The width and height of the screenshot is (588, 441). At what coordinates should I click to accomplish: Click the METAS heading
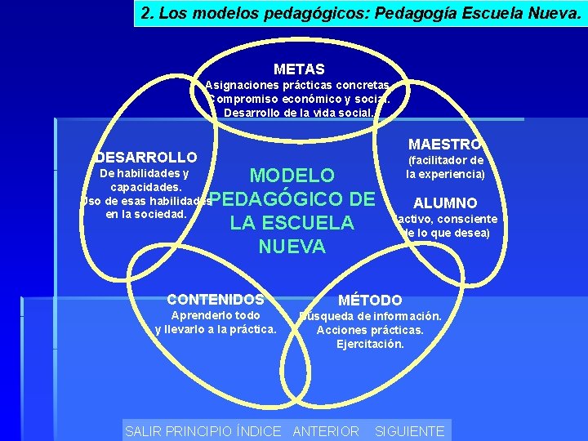299,69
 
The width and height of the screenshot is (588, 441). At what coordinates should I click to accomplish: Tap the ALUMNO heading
445,203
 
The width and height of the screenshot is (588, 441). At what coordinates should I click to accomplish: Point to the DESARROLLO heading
146,157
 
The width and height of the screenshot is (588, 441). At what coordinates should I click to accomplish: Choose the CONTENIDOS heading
216,300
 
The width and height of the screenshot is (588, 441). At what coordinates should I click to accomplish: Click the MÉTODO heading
370,301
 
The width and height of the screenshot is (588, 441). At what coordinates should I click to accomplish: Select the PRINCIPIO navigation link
199,431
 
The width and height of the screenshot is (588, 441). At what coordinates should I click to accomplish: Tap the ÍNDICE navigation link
258,431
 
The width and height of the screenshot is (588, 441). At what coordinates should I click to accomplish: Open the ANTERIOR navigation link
325,431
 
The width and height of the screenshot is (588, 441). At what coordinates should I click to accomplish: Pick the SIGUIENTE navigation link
409,431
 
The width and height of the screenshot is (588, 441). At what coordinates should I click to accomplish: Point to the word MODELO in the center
292,176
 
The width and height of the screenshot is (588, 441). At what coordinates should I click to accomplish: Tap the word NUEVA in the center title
292,246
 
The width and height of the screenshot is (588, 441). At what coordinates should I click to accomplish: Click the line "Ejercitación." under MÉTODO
370,344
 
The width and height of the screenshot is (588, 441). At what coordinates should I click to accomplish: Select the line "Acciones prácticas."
370,330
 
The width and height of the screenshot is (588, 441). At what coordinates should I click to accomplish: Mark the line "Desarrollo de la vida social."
299,112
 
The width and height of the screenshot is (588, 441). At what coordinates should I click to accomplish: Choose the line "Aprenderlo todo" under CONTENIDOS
216,315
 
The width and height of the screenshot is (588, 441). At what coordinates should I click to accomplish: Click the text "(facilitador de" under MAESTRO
446,160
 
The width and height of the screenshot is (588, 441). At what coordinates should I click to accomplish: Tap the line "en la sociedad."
147,215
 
